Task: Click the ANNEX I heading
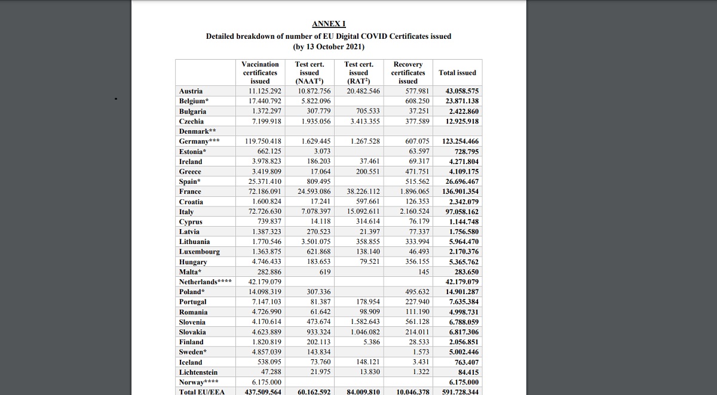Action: tap(329, 24)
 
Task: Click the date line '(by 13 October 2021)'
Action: tap(329, 47)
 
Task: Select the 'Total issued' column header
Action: tap(457, 73)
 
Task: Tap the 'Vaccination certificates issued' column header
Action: tap(260, 73)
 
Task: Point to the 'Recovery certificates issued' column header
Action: tap(408, 73)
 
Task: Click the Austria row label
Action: tap(191, 91)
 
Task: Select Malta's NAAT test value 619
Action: tap(325, 272)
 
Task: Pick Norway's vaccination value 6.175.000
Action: tap(266, 382)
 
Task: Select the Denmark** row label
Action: tap(197, 131)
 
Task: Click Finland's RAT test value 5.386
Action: tap(371, 342)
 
